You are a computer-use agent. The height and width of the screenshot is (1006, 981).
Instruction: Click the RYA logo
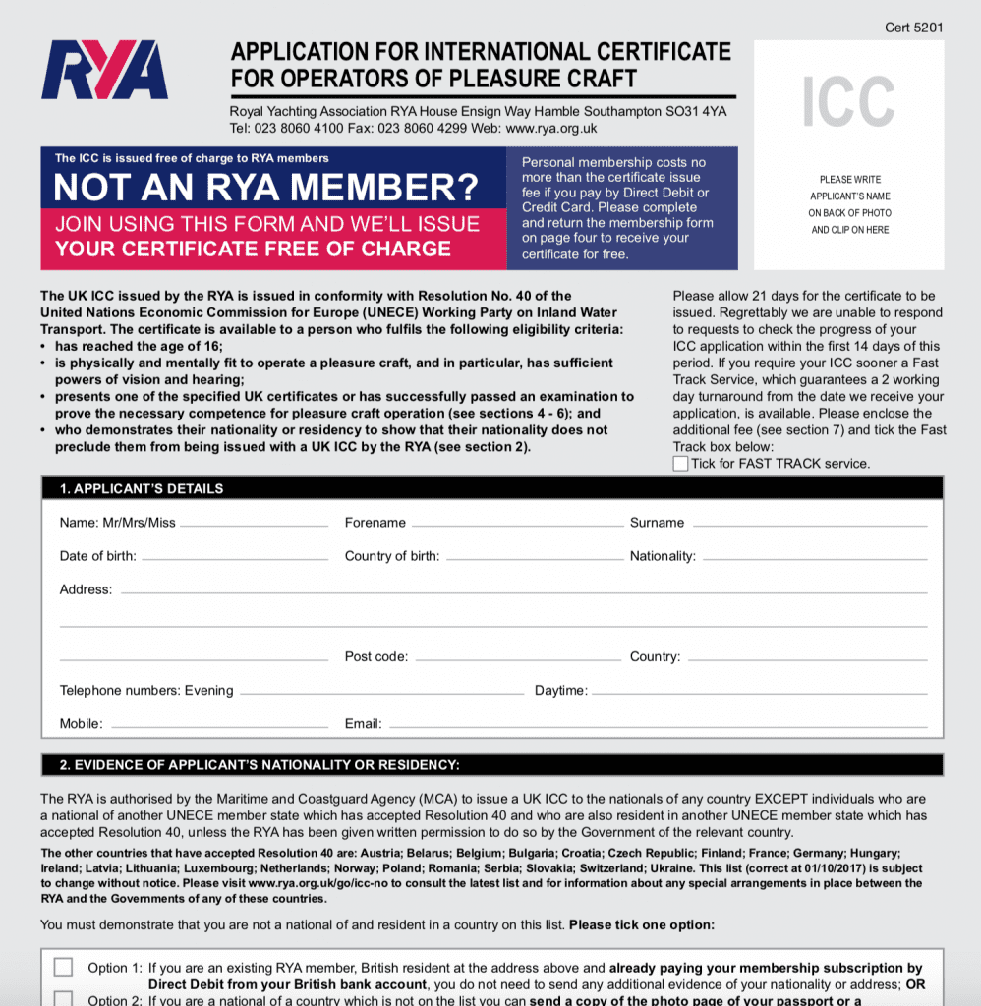point(105,70)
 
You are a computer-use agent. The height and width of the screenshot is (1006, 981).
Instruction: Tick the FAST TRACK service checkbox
point(680,464)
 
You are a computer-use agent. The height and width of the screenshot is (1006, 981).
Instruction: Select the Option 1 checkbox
point(63,967)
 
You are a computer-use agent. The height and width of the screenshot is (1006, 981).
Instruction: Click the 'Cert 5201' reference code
point(913,28)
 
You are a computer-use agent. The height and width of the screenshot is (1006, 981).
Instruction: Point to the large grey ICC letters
point(848,102)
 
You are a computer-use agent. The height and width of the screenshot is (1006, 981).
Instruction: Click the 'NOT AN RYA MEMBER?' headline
point(265,188)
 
